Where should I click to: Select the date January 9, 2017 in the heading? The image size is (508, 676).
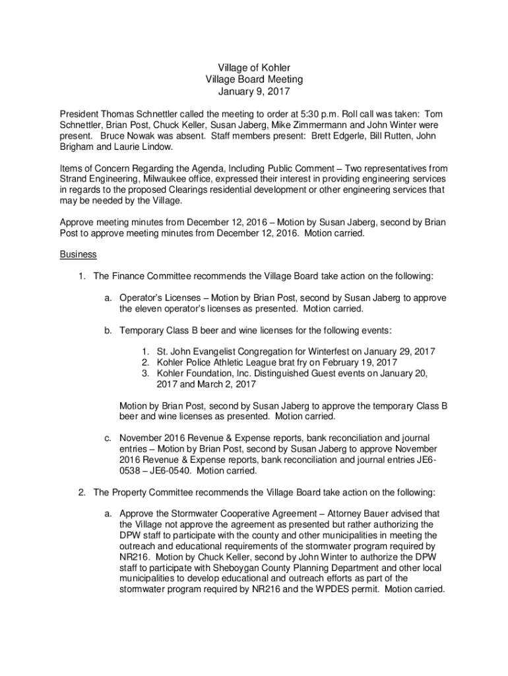coord(254,92)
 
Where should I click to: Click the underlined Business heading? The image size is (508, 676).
coord(78,254)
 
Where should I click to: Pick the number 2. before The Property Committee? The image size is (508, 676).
coord(82,492)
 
